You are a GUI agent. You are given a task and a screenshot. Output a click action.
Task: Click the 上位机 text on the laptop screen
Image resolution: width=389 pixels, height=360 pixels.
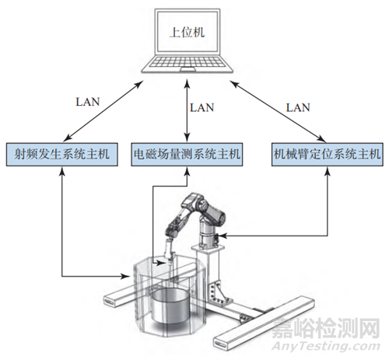(x=187, y=33)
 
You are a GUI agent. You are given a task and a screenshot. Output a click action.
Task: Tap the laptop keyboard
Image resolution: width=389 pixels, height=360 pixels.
(x=187, y=61)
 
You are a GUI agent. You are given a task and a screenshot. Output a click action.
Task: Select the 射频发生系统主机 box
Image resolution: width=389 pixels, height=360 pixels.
(x=62, y=154)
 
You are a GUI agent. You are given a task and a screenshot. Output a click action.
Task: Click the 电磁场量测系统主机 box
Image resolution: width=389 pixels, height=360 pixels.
(x=187, y=154)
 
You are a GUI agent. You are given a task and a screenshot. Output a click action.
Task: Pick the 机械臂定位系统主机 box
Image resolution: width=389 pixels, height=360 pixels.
(x=328, y=154)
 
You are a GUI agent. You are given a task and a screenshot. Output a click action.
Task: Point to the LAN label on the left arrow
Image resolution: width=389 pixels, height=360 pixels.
(x=88, y=102)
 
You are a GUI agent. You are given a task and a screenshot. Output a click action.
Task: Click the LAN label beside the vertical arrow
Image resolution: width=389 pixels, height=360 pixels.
(x=202, y=107)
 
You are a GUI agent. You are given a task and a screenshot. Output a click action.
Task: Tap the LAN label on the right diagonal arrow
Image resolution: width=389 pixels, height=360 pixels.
(x=298, y=107)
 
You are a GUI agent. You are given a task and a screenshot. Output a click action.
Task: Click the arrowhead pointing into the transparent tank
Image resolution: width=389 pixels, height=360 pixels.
(x=125, y=276)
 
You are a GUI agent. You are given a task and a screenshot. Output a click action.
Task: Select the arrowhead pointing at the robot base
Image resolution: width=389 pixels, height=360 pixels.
(x=223, y=236)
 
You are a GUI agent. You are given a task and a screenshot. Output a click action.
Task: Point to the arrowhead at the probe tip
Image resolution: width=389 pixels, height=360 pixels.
(x=161, y=264)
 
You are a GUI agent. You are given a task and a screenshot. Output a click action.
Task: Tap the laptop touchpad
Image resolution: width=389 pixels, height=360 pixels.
(x=187, y=69)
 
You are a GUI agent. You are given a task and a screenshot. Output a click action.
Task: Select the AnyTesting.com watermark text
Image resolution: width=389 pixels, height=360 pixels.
(x=326, y=347)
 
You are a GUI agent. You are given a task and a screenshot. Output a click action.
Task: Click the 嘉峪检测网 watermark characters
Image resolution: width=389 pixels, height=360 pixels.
(x=326, y=328)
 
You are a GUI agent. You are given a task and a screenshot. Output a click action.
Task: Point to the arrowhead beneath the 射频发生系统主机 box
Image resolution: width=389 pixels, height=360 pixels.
(x=62, y=170)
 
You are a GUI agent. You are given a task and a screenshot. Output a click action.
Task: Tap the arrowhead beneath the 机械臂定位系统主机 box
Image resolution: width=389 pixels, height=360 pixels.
(x=328, y=170)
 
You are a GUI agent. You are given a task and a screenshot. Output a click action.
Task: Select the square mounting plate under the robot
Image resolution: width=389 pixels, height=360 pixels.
(x=208, y=248)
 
